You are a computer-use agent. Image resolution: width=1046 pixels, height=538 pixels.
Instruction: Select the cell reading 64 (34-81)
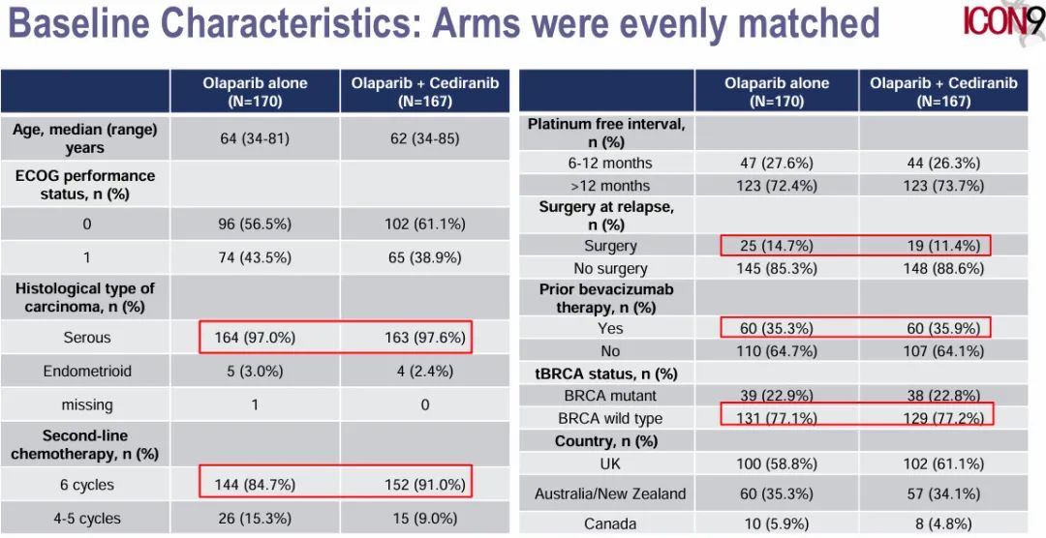(255, 138)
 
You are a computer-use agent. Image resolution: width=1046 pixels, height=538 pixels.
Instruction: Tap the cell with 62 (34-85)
(424, 138)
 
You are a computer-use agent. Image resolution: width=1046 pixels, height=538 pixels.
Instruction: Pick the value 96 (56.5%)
(255, 224)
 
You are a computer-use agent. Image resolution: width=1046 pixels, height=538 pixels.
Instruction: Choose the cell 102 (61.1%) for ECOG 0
(424, 224)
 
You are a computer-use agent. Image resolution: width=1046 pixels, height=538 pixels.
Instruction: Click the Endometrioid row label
(86, 372)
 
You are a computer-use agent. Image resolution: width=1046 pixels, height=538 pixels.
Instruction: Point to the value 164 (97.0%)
(255, 338)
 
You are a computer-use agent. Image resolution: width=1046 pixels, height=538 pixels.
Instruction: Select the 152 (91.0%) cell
(424, 485)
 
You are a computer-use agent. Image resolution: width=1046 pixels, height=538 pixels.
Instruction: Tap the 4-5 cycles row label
(86, 519)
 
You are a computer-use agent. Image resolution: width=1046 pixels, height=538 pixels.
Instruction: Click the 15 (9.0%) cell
(424, 519)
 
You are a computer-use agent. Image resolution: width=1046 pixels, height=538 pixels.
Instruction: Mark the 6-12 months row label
(610, 163)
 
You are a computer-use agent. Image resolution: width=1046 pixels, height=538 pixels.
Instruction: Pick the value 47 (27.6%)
(776, 163)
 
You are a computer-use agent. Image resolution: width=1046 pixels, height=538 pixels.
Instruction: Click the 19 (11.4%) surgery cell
(943, 246)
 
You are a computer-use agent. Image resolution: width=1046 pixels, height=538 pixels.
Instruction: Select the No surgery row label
(610, 268)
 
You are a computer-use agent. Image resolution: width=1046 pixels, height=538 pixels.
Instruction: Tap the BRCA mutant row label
(610, 396)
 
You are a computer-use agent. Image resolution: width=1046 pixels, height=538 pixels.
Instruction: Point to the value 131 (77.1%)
(776, 418)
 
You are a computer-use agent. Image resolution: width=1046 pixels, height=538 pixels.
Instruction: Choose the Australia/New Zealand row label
(610, 493)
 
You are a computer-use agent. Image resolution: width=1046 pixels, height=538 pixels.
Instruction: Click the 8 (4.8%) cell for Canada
(943, 523)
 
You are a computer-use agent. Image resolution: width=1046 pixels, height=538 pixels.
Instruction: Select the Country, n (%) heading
(606, 441)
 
